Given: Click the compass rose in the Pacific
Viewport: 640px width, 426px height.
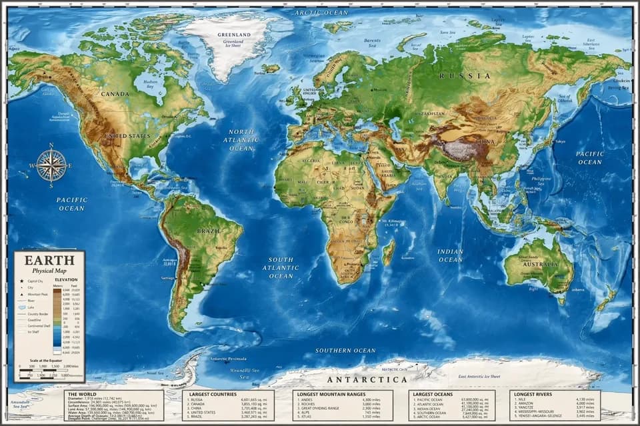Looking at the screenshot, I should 51,165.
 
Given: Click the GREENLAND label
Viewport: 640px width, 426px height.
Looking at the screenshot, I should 233,35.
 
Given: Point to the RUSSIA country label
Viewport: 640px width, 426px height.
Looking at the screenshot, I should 465,76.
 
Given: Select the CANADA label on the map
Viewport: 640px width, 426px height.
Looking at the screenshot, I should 115,94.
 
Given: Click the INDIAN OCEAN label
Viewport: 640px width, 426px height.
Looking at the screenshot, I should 451,255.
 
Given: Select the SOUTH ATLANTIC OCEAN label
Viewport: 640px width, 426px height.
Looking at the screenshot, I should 281,267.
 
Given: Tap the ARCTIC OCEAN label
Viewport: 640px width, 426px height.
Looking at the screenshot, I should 321,13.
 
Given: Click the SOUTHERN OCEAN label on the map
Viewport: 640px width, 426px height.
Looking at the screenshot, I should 345,350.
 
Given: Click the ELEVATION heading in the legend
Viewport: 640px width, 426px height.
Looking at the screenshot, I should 66,280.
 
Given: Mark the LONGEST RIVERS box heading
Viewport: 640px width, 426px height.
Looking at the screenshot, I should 533,394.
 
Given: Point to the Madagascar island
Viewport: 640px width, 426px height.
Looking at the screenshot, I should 388,252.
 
